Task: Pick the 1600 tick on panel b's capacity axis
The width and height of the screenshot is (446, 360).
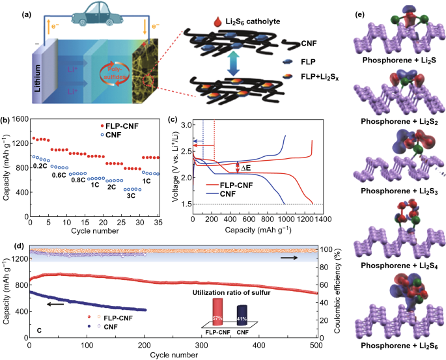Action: pyautogui.click(x=18, y=120)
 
